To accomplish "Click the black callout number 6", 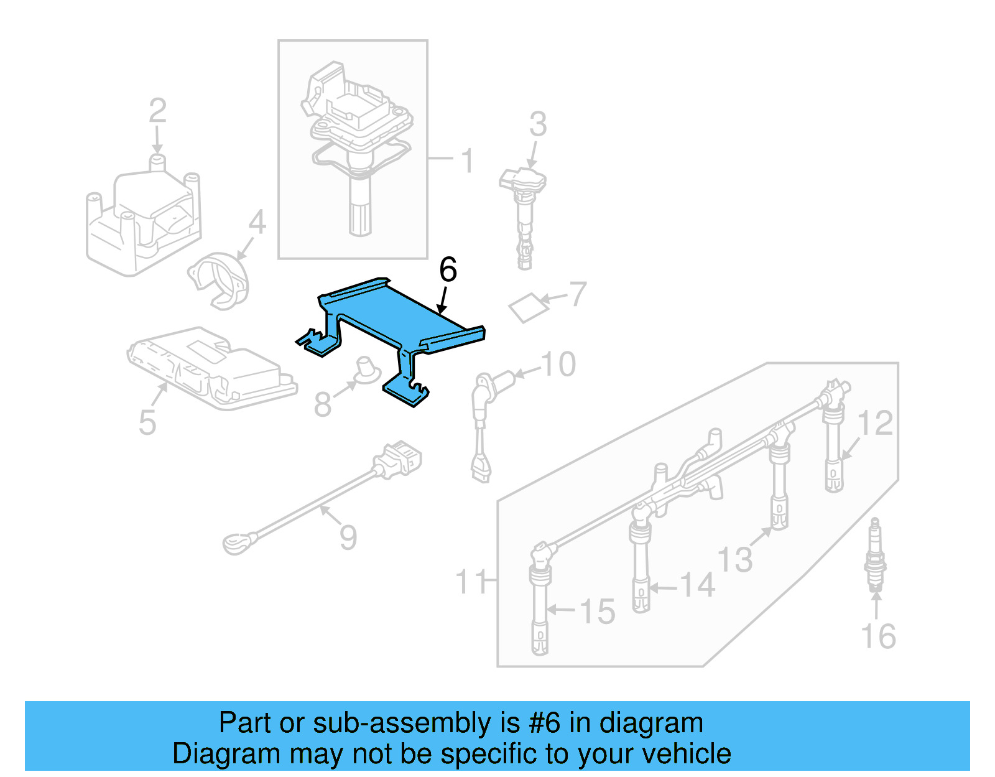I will (448, 270).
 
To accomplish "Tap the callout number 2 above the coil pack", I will (158, 111).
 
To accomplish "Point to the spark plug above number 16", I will (875, 554).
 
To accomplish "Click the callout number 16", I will (878, 636).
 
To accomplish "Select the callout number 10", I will (558, 365).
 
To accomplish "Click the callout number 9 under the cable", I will (348, 537).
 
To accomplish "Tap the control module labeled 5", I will (211, 367).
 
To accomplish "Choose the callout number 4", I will (257, 222).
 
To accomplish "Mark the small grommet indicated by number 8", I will (367, 370).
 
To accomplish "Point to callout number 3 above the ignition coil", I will (538, 124).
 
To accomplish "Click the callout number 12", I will (876, 424).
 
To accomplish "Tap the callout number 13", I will (735, 559).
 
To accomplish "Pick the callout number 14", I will (697, 586).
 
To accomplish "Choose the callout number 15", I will (598, 612).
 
